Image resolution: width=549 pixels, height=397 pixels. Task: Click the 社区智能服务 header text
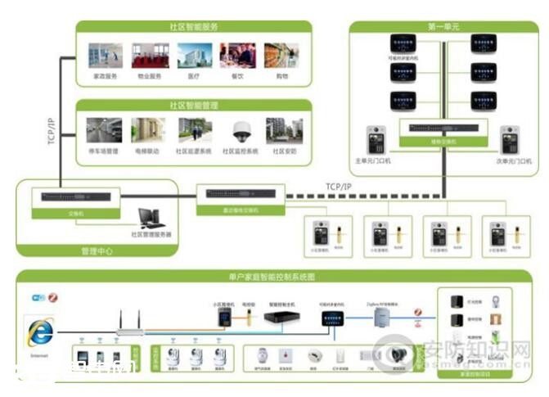pyautogui.click(x=194, y=27)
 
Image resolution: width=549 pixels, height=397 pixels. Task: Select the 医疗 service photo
pyautogui.click(x=194, y=56)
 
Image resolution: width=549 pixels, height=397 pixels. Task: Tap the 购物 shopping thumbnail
pyautogui.click(x=281, y=56)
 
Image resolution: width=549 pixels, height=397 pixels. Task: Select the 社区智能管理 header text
pyautogui.click(x=194, y=106)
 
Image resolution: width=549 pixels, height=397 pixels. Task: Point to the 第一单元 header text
pyautogui.click(x=444, y=27)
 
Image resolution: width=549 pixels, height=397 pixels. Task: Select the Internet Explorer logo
pyautogui.click(x=38, y=332)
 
